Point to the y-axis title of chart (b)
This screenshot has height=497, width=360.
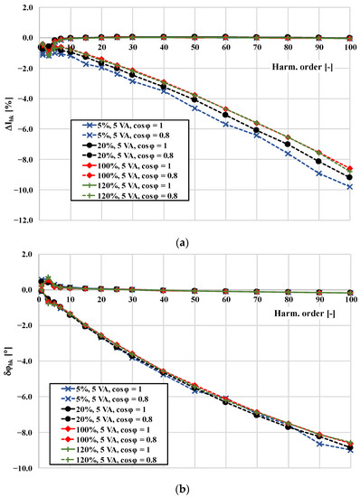point(8,361)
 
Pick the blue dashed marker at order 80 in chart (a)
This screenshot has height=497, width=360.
point(288,154)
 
